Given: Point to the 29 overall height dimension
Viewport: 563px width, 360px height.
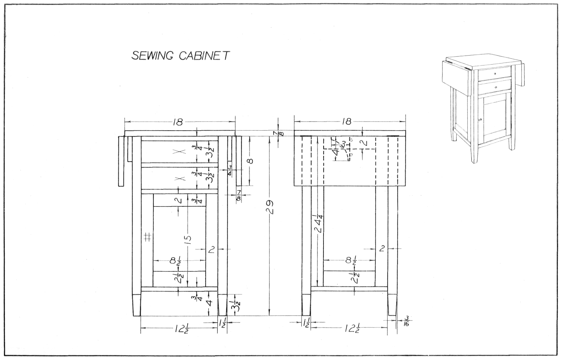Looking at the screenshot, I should tap(269, 207).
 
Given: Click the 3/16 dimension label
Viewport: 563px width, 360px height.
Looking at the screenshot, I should tap(406, 321).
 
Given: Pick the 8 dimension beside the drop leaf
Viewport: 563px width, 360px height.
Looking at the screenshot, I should tap(250, 161).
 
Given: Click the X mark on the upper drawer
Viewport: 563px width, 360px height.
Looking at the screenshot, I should tap(180, 152).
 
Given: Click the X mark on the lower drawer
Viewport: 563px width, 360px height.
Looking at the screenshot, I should tap(180, 178).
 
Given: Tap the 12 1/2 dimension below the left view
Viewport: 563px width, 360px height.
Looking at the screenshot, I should tap(179, 329).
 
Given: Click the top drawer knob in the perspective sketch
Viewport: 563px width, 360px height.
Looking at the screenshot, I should tap(495, 74).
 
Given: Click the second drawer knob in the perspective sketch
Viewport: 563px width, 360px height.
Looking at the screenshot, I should tap(496, 87).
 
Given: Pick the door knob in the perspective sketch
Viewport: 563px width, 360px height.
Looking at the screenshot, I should tap(480, 120).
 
